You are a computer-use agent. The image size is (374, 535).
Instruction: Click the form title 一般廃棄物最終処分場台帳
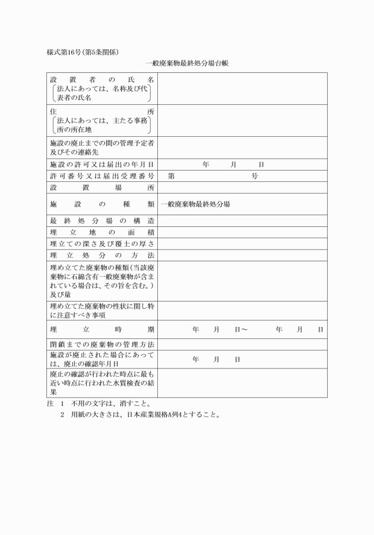[186, 63]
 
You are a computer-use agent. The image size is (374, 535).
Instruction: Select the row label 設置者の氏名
[102, 79]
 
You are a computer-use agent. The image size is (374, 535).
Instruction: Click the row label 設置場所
[102, 188]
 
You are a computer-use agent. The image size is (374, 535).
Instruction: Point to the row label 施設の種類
[102, 204]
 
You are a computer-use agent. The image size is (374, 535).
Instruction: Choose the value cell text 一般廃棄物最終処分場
[196, 204]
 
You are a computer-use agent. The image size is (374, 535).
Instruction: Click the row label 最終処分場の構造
[102, 220]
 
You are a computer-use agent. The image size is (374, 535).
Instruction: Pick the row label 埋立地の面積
[102, 232]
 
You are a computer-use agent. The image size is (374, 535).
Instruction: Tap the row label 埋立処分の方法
[102, 255]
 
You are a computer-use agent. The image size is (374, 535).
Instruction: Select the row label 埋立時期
[102, 329]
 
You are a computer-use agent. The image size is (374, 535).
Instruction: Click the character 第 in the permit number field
[172, 176]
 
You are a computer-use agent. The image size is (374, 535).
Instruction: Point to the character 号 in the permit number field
[255, 176]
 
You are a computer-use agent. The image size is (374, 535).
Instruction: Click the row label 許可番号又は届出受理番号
[102, 176]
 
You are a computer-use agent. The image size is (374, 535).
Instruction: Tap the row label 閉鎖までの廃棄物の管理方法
[102, 344]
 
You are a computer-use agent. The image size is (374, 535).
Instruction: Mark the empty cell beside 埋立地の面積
[242, 232]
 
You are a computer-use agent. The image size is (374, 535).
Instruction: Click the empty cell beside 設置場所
[242, 188]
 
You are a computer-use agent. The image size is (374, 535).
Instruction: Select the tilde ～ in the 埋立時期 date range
[244, 329]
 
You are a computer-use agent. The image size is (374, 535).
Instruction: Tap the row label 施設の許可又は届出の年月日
[102, 164]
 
